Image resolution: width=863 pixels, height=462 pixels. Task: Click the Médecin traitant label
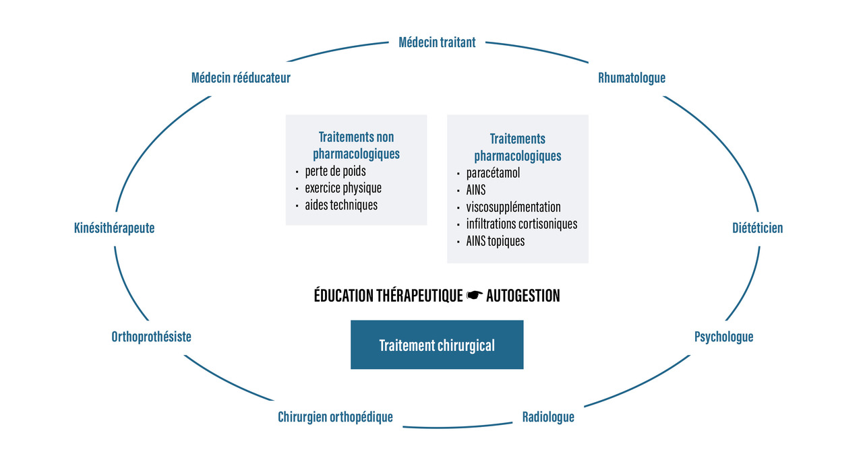437,42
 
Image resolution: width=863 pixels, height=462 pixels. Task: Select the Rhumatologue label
632,78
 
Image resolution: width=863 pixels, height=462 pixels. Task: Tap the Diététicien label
758,228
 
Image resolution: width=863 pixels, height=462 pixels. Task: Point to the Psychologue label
723,337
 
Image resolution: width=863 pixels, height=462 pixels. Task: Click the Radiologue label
548,418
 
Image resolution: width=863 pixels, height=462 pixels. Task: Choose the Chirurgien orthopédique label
335,418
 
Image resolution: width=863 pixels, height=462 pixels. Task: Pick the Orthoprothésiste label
151,337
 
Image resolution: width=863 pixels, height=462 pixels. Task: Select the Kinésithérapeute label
114,228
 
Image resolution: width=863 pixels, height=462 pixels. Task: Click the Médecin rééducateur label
241,78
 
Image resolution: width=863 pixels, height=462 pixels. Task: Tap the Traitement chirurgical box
437,345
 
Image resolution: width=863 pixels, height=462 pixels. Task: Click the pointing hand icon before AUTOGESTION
475,296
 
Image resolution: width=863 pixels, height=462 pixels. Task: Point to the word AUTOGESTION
523,296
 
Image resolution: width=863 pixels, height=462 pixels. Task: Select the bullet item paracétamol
493,173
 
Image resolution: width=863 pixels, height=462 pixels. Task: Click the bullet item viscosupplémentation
513,207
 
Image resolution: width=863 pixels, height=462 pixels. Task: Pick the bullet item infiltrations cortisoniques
521,224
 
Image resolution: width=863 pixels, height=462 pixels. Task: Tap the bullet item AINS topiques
495,240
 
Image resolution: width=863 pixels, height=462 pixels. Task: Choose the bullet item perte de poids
335,171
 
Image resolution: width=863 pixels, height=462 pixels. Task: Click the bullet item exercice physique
343,188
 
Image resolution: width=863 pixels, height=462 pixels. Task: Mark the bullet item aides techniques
340,205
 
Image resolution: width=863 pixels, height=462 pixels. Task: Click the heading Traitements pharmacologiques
518,147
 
